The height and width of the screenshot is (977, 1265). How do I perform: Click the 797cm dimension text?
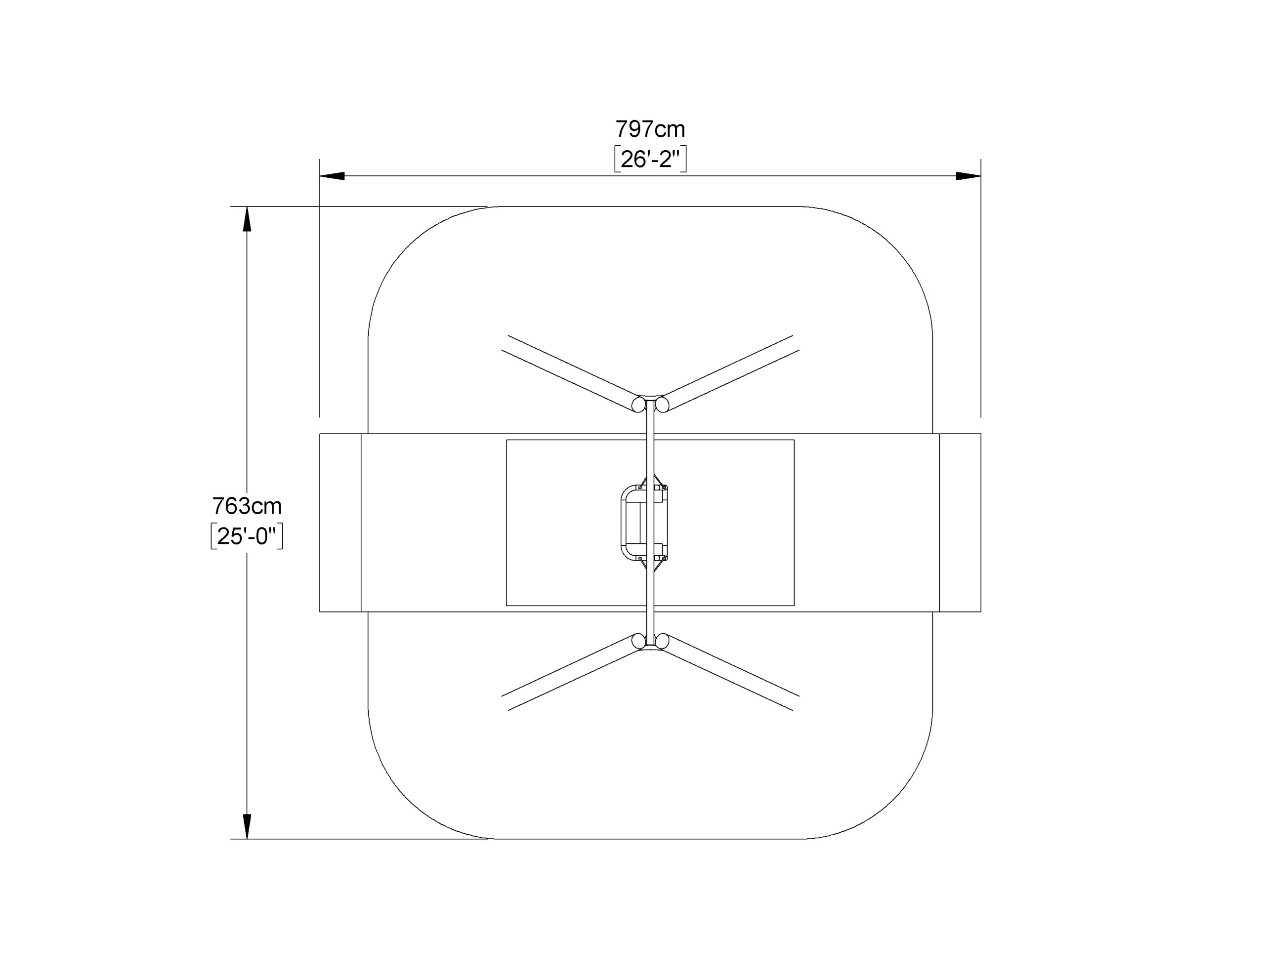coord(650,128)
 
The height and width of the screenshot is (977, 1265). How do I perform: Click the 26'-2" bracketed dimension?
coord(650,159)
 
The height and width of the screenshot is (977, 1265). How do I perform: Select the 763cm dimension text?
coord(247,506)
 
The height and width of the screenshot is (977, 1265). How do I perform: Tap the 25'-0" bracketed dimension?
coord(247,536)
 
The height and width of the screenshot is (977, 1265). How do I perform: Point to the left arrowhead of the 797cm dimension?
coord(333,176)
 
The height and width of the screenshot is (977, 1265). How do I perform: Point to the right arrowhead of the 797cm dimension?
coord(969,176)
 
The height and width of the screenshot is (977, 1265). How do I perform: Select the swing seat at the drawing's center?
coord(644,523)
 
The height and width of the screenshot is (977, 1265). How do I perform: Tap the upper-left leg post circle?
coord(638,404)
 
